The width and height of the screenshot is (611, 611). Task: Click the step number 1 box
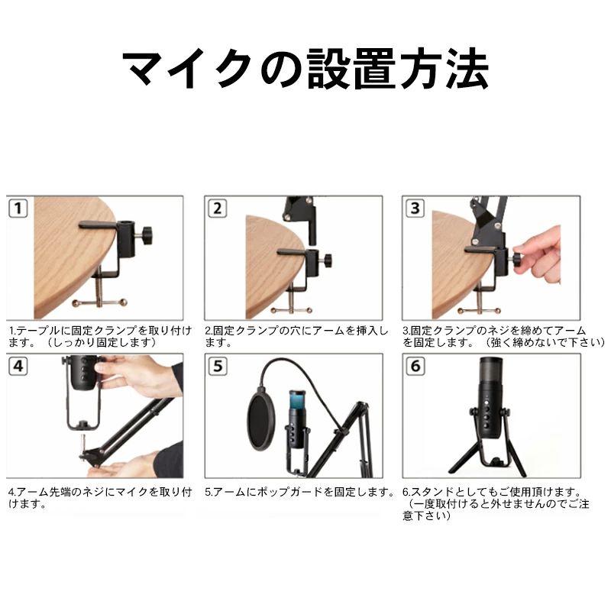click(x=18, y=208)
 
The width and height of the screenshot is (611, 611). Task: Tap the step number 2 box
click(x=217, y=208)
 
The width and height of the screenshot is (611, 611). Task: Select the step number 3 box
click(x=415, y=208)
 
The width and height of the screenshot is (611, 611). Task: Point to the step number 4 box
click(x=18, y=367)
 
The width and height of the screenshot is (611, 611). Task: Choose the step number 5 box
click(x=217, y=367)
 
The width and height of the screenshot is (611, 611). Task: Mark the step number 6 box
click(x=415, y=367)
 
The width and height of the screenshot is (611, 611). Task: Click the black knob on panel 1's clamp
click(x=147, y=235)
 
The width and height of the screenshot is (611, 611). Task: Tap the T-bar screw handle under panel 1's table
click(x=100, y=302)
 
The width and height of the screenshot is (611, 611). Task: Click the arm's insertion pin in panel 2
click(x=312, y=233)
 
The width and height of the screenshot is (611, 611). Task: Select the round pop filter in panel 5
click(x=262, y=422)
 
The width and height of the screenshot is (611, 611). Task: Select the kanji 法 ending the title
click(x=467, y=70)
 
